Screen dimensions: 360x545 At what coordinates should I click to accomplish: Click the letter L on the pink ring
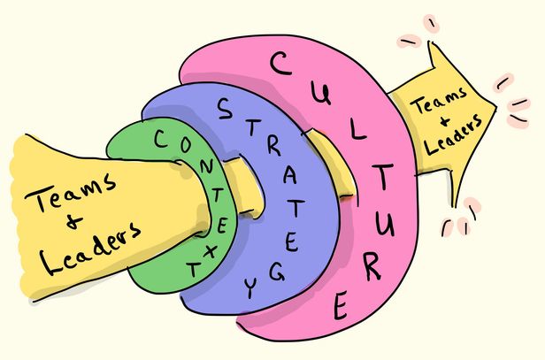(x=357, y=131)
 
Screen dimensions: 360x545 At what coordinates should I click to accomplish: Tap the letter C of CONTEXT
(x=163, y=138)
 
